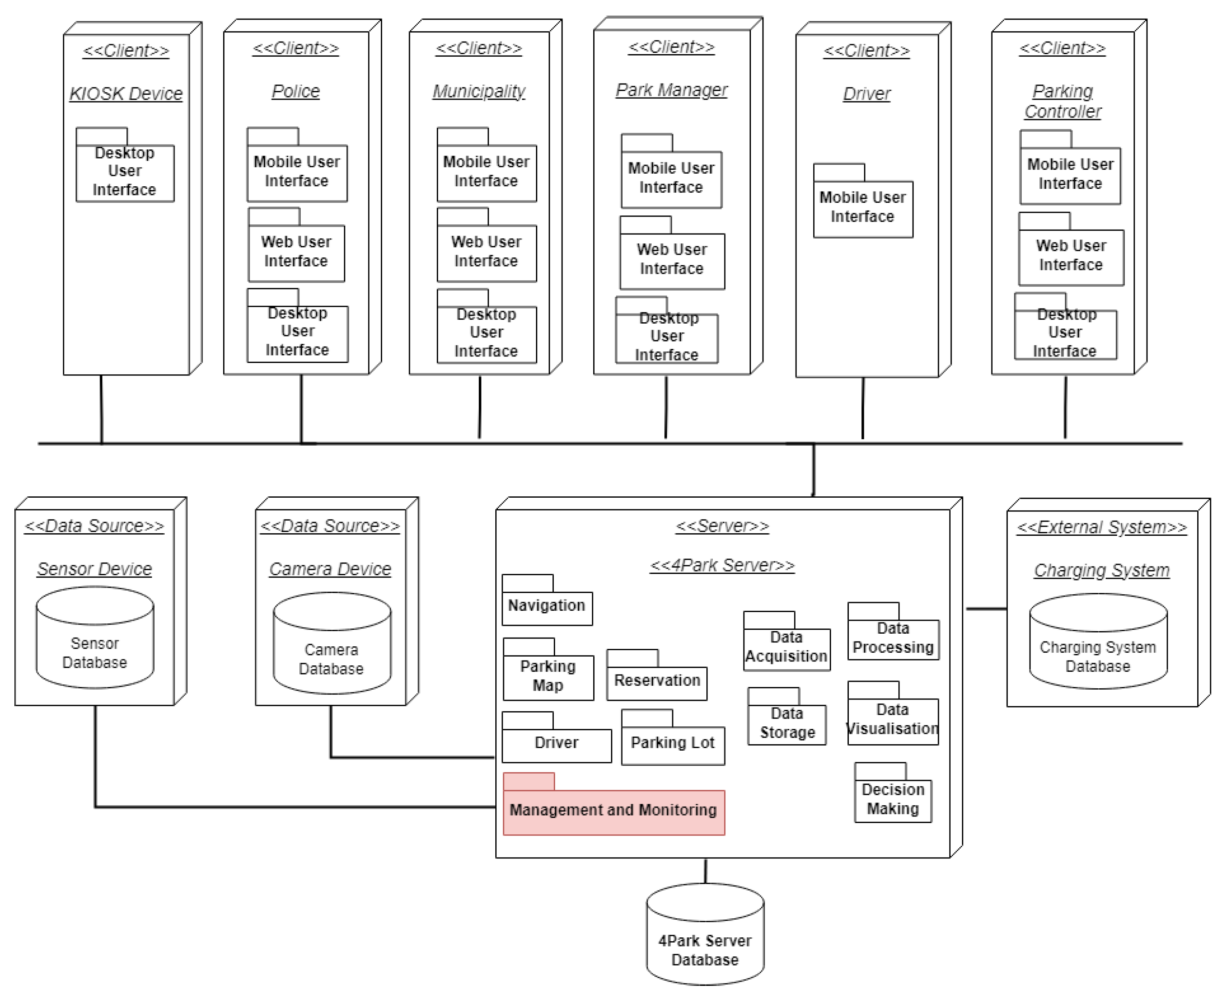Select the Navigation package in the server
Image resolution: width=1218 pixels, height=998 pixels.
coord(546,606)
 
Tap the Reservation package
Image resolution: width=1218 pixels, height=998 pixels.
coord(657,682)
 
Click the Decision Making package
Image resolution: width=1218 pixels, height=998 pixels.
coord(893,800)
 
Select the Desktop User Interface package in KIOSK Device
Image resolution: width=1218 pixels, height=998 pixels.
coord(125,172)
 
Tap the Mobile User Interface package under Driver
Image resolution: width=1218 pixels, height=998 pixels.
coord(863,207)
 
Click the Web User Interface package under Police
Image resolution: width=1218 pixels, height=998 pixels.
coord(296,252)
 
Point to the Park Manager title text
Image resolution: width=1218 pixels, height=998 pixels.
coord(671,90)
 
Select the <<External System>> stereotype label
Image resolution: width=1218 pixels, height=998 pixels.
coord(1101,527)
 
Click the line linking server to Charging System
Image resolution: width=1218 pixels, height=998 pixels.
coord(986,608)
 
